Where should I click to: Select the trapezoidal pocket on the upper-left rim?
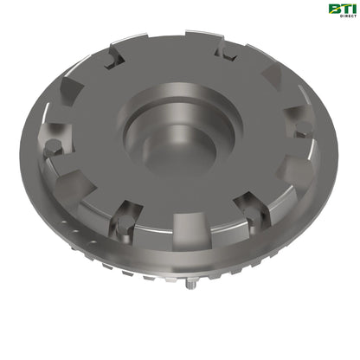point(71,87)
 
